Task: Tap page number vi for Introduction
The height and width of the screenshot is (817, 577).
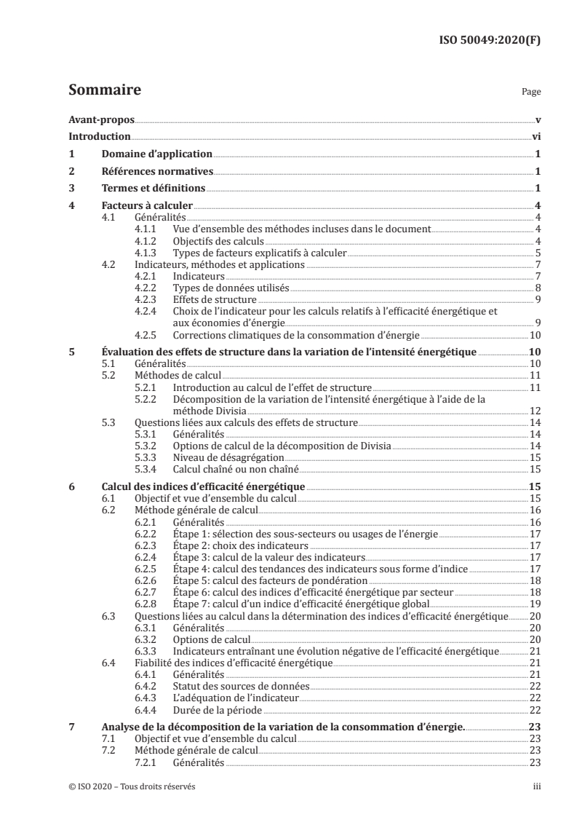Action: point(535,136)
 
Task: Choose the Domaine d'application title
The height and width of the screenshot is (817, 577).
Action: point(156,154)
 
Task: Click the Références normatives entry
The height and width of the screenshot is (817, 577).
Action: point(156,171)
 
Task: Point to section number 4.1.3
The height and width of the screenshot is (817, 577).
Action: point(148,253)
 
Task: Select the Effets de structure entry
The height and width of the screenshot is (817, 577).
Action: point(215,299)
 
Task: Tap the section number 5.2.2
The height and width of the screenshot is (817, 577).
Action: point(148,399)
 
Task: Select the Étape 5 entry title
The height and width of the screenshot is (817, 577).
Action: point(270,581)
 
